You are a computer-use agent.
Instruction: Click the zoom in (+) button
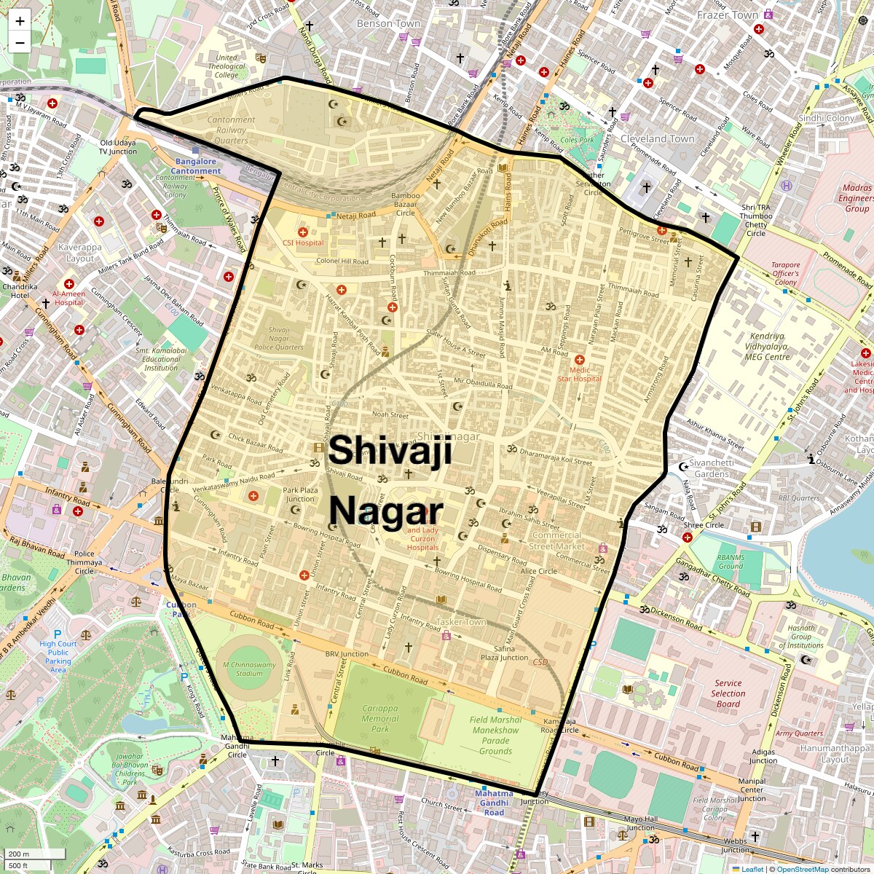(20, 21)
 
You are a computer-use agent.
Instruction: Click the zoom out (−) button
(20, 42)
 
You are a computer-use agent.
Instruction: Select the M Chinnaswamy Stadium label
(249, 669)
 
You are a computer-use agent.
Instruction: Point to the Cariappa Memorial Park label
(380, 717)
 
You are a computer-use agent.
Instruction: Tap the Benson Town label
(388, 23)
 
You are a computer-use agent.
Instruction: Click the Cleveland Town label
(657, 138)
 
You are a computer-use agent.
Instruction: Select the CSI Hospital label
(303, 243)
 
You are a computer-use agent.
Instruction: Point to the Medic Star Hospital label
(580, 374)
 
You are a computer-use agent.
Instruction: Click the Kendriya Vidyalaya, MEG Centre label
(767, 347)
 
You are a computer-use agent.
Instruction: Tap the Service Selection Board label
(728, 693)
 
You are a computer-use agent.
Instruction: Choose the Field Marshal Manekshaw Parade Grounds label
(495, 735)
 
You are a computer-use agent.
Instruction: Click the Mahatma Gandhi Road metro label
(494, 803)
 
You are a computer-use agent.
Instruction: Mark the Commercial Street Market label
(556, 540)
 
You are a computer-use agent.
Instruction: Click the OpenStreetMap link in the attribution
(802, 869)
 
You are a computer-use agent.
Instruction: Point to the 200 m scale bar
(34, 854)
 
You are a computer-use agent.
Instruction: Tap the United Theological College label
(226, 66)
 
